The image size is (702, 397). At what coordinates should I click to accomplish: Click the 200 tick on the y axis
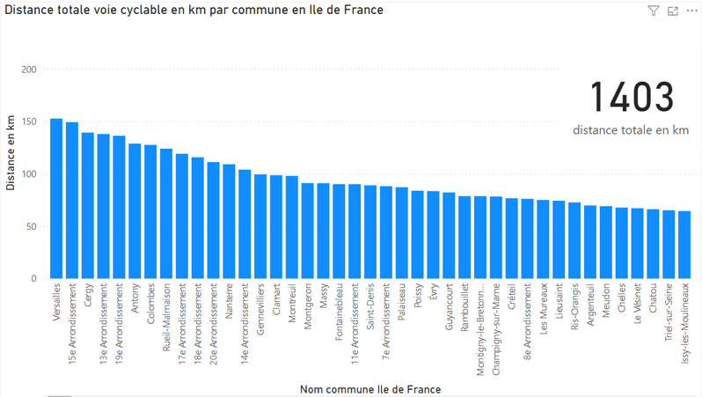(x=30, y=70)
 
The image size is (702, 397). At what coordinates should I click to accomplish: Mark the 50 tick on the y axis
(x=33, y=226)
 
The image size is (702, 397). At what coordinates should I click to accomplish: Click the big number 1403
(x=631, y=98)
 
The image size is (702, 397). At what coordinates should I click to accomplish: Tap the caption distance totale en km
(x=630, y=130)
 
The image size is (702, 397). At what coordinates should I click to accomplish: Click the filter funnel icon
(x=653, y=11)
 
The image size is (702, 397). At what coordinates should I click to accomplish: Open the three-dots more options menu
(x=691, y=11)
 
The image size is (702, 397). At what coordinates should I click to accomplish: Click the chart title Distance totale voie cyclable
(x=194, y=11)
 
